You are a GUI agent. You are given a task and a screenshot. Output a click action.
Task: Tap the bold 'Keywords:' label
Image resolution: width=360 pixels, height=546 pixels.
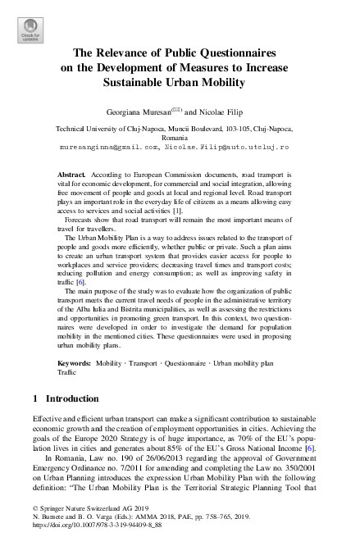point(75,361)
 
